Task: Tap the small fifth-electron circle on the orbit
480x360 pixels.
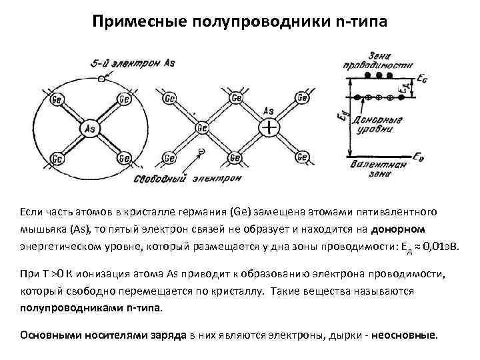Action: [101, 79]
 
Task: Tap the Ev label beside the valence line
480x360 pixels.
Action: [419, 157]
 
